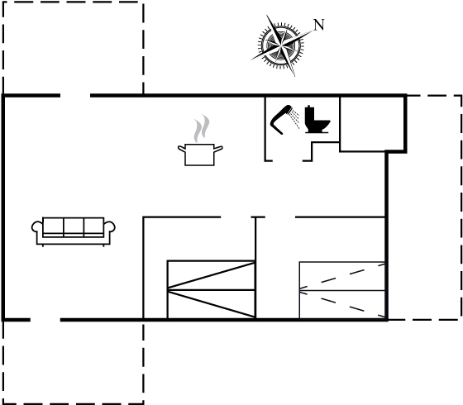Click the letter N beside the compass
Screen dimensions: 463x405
click(x=319, y=25)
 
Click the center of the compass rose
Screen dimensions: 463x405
click(x=281, y=45)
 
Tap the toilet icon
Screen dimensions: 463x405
click(x=317, y=119)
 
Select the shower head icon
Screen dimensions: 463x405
click(x=284, y=119)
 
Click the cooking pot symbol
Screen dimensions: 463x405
click(x=200, y=155)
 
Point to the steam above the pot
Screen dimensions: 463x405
click(x=202, y=128)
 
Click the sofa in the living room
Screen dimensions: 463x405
click(x=74, y=231)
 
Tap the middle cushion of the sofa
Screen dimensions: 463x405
click(x=74, y=227)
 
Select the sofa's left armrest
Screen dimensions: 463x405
click(x=37, y=228)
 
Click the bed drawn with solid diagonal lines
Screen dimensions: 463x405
click(x=211, y=289)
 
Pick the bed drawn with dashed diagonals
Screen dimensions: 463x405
click(x=342, y=290)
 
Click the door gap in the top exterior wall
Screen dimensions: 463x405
click(x=75, y=95)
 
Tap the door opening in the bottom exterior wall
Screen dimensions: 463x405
click(x=45, y=320)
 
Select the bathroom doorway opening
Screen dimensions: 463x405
click(x=288, y=161)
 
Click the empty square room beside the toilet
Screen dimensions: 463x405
click(x=372, y=124)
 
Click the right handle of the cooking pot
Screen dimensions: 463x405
click(x=218, y=149)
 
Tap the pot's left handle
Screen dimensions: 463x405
click(x=182, y=149)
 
